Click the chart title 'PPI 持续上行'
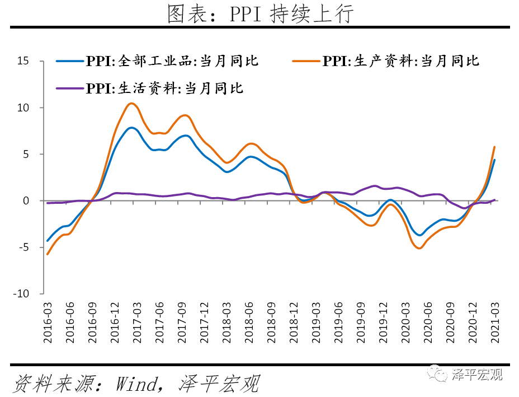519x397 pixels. click(260, 14)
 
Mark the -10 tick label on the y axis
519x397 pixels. click(21, 293)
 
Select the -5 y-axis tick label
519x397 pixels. click(23, 247)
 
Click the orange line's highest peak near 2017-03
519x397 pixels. click(131, 103)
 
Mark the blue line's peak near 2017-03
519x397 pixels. click(131, 128)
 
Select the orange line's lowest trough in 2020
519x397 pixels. click(419, 247)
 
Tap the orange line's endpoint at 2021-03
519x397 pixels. click(494, 147)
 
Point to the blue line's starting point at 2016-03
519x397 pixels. click(48, 241)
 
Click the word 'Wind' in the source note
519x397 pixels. click(137, 384)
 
